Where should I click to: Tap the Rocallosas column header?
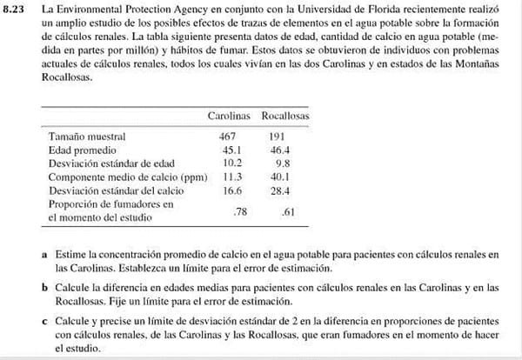[x=285, y=116]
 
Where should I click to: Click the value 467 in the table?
[x=227, y=137]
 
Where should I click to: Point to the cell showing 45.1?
[x=230, y=149]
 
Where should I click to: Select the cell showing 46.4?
[x=279, y=149]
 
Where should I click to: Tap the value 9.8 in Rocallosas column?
[x=281, y=161]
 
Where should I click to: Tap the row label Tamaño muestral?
[x=87, y=137]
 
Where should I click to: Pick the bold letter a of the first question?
[x=45, y=255]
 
